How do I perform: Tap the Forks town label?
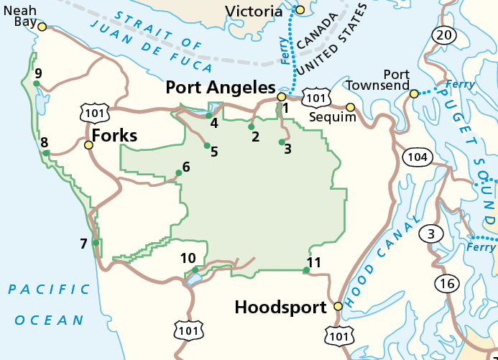pos(114,135)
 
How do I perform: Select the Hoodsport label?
pos(281,307)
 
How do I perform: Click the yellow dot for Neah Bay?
pos(42,27)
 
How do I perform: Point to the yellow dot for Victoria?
pos(300,9)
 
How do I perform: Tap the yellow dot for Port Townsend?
pos(414,93)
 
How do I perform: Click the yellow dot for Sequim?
pos(351,108)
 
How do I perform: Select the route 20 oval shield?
pos(443,34)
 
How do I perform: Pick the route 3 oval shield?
pos(431,234)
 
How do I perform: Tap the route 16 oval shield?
pos(447,284)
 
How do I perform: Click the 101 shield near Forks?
pos(96,111)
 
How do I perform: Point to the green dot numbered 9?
pos(36,83)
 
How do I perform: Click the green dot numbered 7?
pos(96,243)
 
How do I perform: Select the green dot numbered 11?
pos(307,270)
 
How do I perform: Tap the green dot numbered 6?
pos(179,172)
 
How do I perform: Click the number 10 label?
pos(188,259)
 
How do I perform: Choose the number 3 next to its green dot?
pos(287,149)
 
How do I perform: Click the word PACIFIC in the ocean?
pos(49,290)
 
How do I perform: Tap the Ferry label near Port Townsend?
pos(460,85)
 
